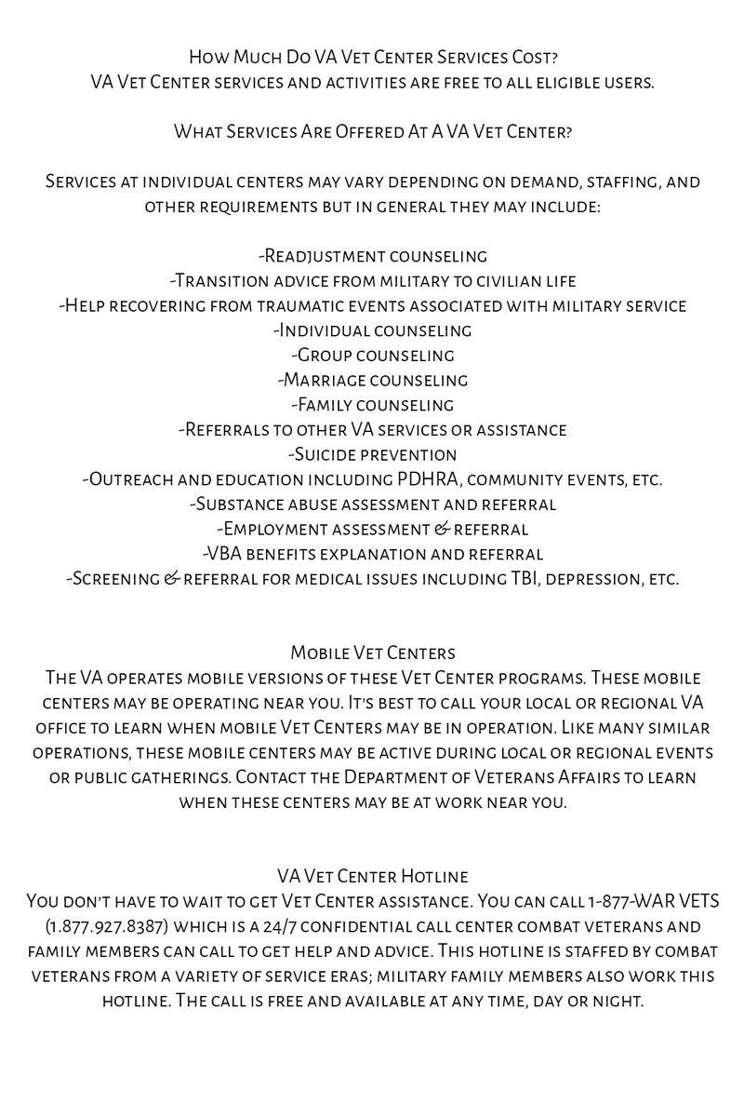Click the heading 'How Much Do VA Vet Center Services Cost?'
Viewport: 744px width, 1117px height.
(372, 58)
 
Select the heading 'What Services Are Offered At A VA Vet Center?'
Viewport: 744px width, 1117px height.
(372, 131)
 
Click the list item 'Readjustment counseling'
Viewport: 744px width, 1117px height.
(372, 256)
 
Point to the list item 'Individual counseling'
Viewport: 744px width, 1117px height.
(372, 330)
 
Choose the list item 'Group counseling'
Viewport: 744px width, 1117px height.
(372, 356)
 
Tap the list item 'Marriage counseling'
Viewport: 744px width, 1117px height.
(372, 380)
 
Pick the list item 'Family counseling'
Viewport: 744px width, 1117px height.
(372, 405)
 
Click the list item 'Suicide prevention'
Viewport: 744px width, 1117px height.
(372, 455)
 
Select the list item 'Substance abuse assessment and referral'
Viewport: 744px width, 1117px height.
(372, 505)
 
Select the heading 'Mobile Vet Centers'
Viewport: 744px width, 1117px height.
(372, 653)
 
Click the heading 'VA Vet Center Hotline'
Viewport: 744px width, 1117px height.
(372, 877)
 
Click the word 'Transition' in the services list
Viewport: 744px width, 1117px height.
(220, 280)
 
